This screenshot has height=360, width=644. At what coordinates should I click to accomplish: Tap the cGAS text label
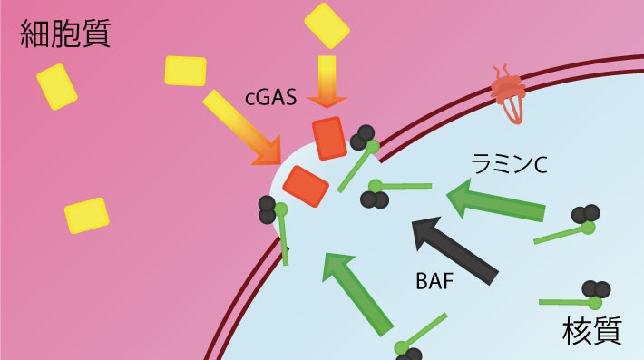(271, 97)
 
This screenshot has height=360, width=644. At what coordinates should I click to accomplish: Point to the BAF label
(434, 280)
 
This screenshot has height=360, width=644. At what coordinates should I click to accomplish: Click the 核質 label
(591, 331)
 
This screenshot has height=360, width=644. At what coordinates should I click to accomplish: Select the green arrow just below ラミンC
(498, 201)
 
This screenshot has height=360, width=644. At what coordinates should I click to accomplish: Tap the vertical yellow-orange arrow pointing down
(327, 83)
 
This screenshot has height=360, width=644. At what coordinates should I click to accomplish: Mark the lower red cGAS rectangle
(306, 186)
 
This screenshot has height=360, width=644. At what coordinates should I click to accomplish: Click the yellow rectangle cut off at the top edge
(327, 24)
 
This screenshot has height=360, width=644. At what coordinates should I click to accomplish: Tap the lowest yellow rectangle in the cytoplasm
(87, 215)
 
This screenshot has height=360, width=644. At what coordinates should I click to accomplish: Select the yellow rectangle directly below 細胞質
(57, 87)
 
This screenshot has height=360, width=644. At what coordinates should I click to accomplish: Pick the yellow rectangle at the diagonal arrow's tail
(185, 71)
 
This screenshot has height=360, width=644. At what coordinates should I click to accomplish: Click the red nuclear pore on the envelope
(507, 92)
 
